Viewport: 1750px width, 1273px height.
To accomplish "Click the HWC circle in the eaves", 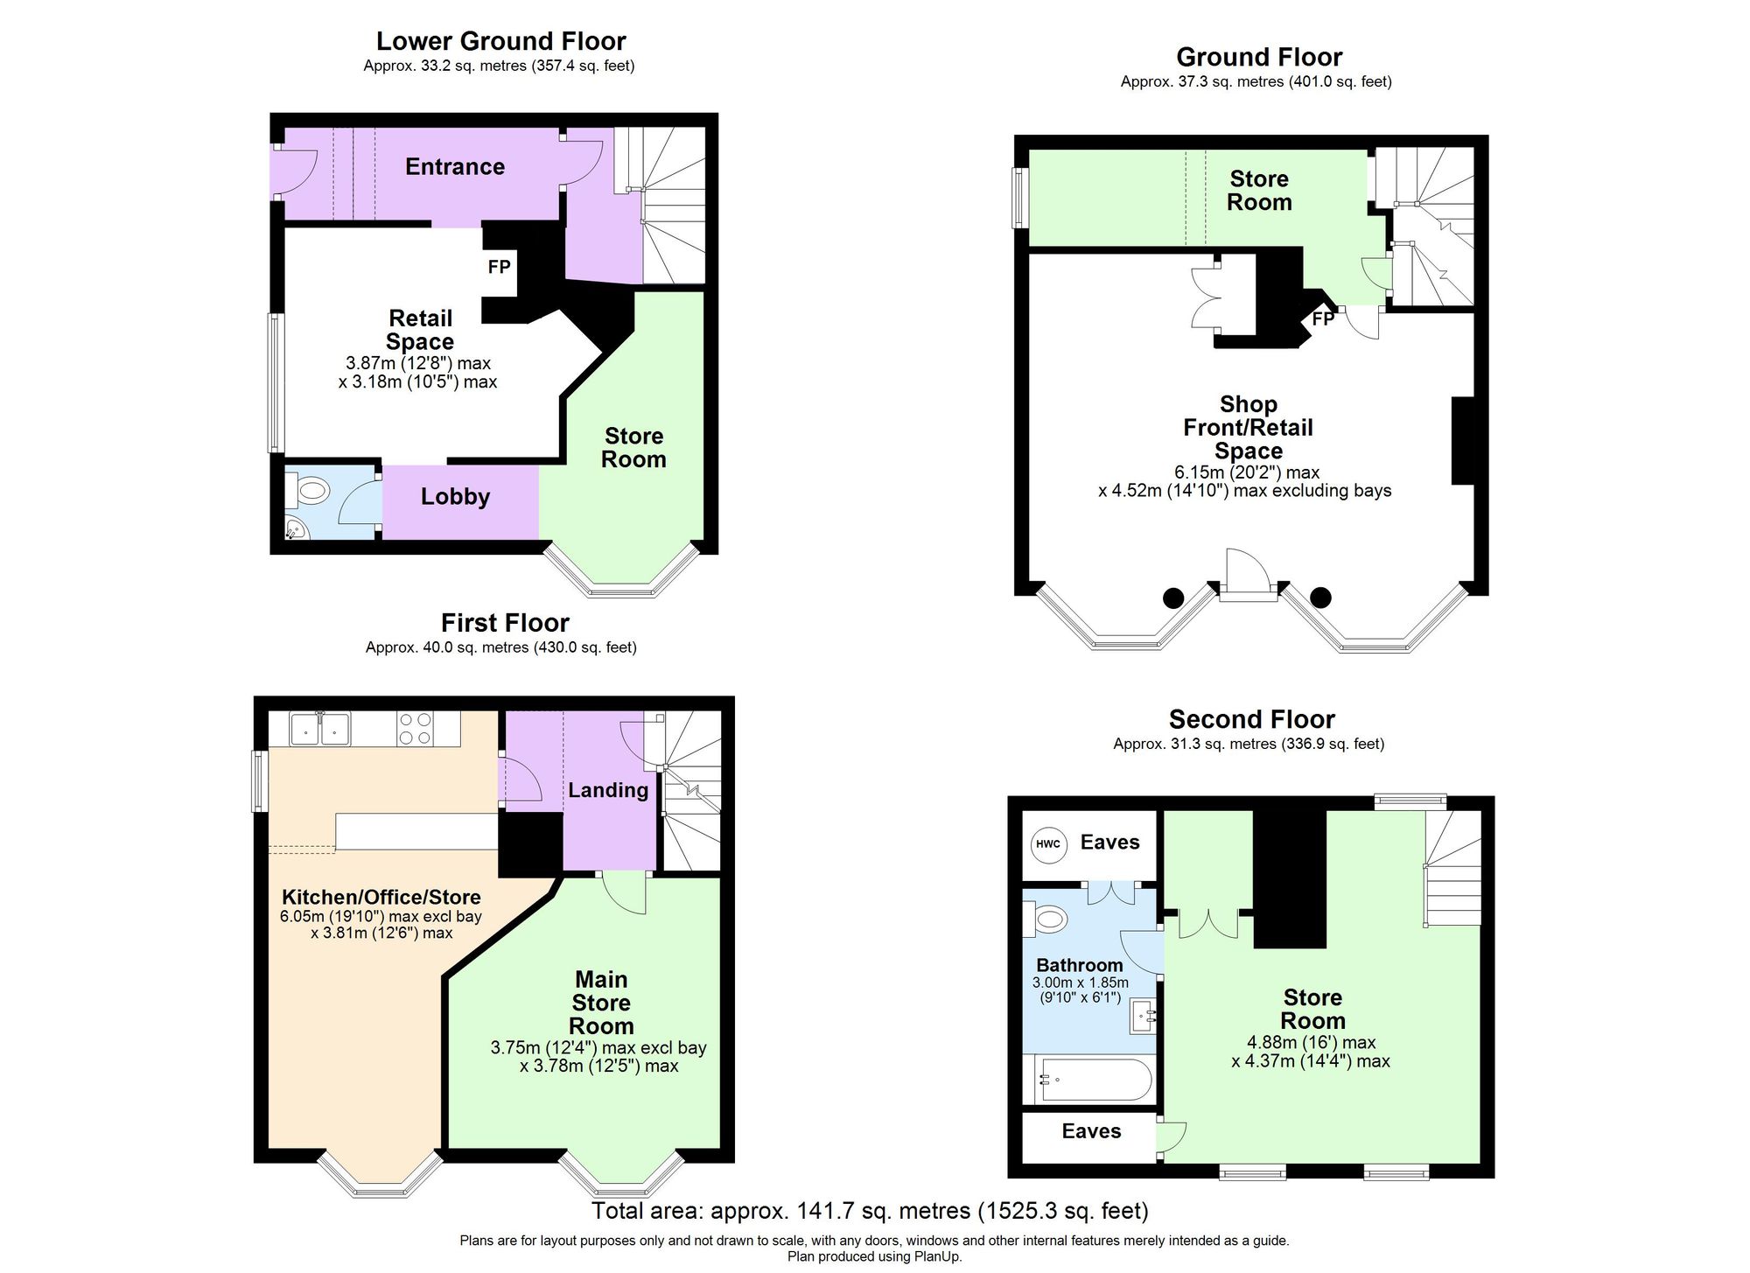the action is [1047, 844].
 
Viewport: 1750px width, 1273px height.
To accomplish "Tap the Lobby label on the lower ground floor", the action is [455, 497].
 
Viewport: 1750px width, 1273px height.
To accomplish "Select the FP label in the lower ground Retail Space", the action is [499, 267].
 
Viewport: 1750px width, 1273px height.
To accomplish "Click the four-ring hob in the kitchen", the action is [415, 729].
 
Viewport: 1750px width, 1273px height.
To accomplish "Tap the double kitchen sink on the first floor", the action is [320, 729].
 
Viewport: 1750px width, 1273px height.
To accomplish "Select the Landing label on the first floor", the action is [608, 791].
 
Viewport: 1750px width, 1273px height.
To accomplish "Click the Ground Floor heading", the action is [1259, 57].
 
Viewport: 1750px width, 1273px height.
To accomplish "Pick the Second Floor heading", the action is [1252, 719].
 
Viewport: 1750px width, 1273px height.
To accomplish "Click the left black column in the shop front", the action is [1172, 598].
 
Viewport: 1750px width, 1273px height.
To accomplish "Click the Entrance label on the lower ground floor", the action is [455, 167].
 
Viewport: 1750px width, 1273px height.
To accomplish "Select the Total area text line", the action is [870, 1211].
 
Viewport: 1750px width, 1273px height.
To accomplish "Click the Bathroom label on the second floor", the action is [1079, 965].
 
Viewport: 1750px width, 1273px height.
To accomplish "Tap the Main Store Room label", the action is [601, 1003].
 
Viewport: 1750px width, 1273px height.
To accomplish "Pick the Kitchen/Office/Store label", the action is [381, 898].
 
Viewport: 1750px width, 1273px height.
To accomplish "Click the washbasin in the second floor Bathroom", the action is [1144, 1016].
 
